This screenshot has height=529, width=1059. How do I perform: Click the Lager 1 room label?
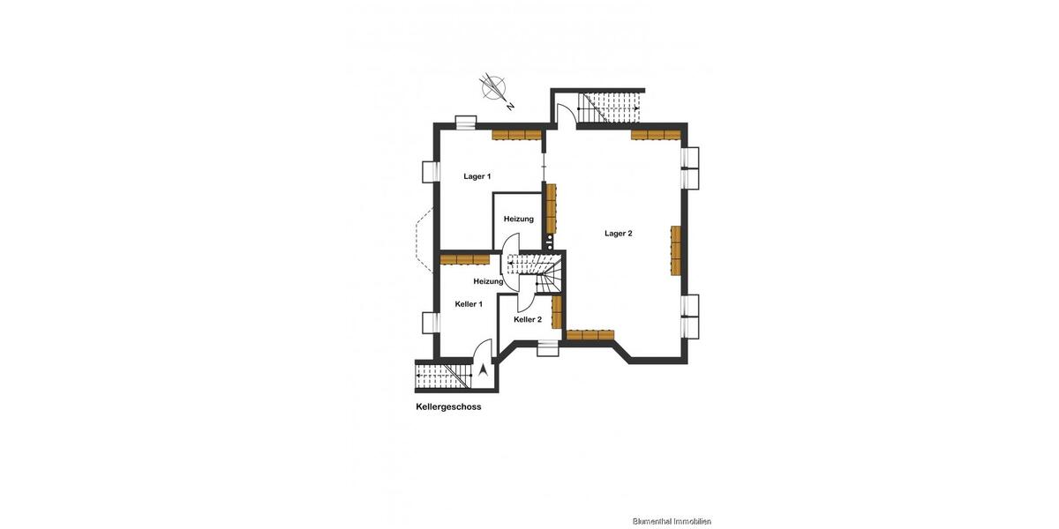pos(477,176)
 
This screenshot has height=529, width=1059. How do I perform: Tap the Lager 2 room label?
pos(618,234)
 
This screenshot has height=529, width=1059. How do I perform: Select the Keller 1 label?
pos(469,304)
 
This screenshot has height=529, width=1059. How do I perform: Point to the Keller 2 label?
pos(527,319)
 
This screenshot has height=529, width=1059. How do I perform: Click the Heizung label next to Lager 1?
pos(518,219)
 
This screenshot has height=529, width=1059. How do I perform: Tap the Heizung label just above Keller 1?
pos(488,281)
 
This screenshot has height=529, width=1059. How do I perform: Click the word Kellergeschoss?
pos(448,407)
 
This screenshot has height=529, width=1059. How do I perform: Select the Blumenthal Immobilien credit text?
pos(672,521)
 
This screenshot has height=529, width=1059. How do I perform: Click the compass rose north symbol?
pos(494,88)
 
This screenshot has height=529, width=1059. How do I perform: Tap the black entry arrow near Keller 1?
pos(483,371)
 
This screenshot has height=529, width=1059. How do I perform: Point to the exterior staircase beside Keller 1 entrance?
pos(443,376)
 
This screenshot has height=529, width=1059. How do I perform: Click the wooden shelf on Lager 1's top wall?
pos(516,135)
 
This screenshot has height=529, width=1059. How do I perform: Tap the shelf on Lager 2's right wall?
pos(676,250)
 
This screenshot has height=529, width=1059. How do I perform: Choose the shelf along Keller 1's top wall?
pos(465,259)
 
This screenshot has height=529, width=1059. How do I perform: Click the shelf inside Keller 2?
pos(557,312)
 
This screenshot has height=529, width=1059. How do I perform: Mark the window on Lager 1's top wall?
pos(465,122)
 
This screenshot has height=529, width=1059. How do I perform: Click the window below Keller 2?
pos(549,349)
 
